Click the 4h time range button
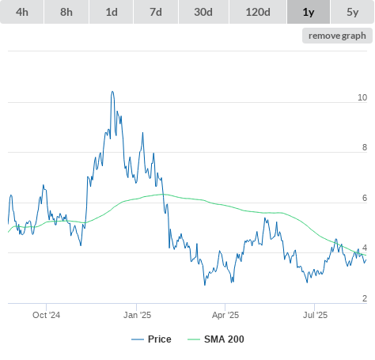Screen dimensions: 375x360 [x=22, y=12]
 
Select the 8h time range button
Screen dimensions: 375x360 [x=66, y=12]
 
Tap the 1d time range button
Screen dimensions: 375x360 [x=112, y=12]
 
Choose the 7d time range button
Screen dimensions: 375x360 [x=156, y=12]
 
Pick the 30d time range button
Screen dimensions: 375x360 [x=203, y=12]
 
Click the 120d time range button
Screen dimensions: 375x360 [x=258, y=12]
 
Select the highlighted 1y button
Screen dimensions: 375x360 [x=309, y=12]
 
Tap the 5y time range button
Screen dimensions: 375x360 [x=353, y=12]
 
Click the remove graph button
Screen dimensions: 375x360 [x=337, y=36]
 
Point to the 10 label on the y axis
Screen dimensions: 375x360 [x=362, y=97]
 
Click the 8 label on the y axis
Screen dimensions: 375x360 [x=365, y=147]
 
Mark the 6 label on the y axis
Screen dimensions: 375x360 [x=365, y=198]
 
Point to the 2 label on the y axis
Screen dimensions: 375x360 [x=365, y=298]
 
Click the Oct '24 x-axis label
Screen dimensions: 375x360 [x=46, y=315]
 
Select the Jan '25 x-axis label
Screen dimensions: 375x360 [x=137, y=315]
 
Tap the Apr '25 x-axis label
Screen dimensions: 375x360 [x=225, y=315]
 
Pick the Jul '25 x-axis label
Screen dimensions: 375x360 [x=315, y=315]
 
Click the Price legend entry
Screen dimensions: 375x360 [x=151, y=339]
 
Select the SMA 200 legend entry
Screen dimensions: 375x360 [x=216, y=339]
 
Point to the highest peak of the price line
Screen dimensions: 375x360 [x=112, y=92]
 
